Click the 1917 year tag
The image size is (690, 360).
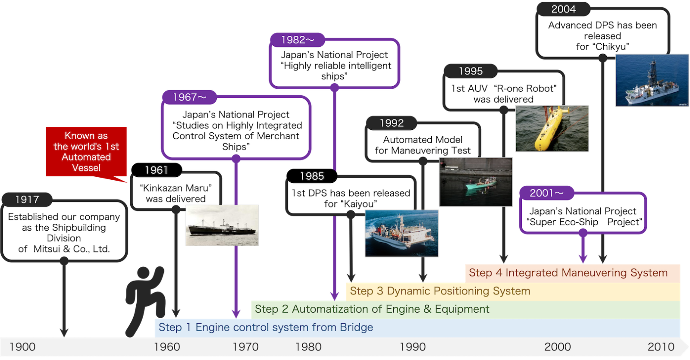click(x=27, y=200)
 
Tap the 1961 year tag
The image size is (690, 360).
click(x=157, y=170)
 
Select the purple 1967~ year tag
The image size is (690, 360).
click(x=189, y=97)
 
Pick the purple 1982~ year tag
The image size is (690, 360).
click(x=298, y=40)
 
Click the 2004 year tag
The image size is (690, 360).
click(x=563, y=9)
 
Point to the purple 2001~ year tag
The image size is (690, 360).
click(x=547, y=193)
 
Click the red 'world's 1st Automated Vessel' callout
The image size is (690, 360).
click(x=86, y=151)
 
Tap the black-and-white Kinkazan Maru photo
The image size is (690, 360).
click(x=222, y=225)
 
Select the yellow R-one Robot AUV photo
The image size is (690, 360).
click(x=552, y=128)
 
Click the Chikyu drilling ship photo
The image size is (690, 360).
click(x=652, y=80)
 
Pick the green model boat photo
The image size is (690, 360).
click(x=476, y=182)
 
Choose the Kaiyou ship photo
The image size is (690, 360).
click(x=401, y=233)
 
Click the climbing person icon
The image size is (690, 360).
click(x=145, y=301)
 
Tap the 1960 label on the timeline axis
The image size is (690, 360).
click(x=166, y=347)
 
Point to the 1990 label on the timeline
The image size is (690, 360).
click(x=412, y=347)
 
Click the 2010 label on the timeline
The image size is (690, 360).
click(x=661, y=347)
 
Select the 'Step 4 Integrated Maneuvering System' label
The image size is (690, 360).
click(x=568, y=273)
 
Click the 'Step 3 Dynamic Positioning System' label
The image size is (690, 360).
click(x=440, y=291)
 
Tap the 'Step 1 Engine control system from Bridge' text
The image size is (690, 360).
click(x=266, y=327)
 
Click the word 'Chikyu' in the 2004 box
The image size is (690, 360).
click(x=612, y=47)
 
